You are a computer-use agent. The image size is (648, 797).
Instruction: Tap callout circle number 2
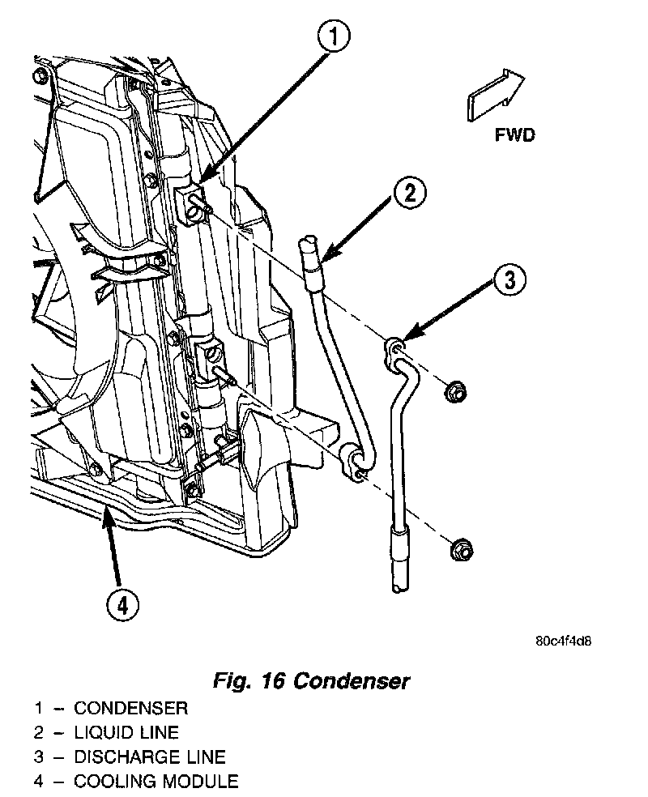coord(410,193)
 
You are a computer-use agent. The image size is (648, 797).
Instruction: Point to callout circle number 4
coord(123,604)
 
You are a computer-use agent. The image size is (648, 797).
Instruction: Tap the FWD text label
coord(514,134)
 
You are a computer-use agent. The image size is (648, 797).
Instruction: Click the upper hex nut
coord(454,393)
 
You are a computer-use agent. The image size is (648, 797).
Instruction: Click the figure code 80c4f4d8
coord(568,641)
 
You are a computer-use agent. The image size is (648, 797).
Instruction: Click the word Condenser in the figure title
coord(351,680)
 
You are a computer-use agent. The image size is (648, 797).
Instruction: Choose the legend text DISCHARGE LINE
coord(149,757)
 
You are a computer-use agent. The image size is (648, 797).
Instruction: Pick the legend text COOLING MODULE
coord(156,782)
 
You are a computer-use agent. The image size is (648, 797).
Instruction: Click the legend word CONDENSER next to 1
coord(130,709)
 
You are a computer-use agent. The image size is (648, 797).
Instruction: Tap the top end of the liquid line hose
coord(308,241)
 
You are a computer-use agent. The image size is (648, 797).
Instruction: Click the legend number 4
coord(38,782)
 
